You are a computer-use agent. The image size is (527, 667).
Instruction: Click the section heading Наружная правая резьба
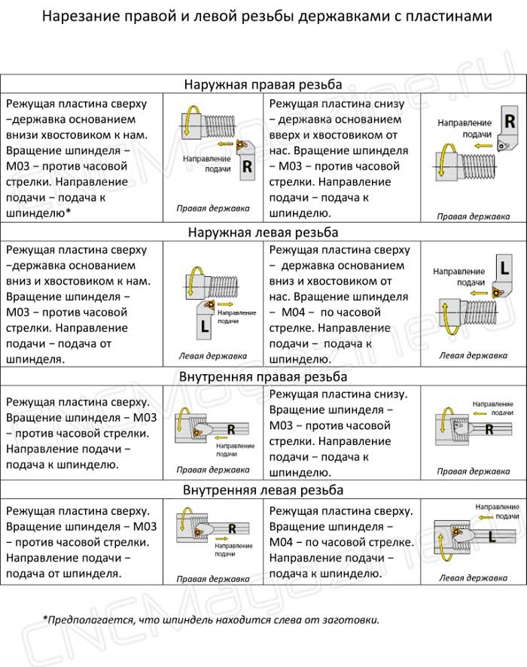click(x=263, y=84)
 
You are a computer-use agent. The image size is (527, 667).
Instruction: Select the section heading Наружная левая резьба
click(x=263, y=233)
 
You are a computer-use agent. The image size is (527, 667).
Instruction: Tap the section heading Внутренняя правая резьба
click(x=263, y=376)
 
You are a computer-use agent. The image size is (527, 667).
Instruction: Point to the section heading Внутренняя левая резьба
click(x=263, y=490)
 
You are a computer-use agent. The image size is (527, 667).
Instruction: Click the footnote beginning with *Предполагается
click(x=211, y=620)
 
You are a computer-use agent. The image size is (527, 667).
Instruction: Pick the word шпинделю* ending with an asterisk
click(x=38, y=213)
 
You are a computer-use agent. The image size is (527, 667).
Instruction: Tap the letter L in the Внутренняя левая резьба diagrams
click(x=491, y=537)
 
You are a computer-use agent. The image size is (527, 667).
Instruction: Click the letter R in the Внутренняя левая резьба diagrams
click(x=232, y=528)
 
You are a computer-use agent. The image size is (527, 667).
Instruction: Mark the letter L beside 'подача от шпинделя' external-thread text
click(x=206, y=326)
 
